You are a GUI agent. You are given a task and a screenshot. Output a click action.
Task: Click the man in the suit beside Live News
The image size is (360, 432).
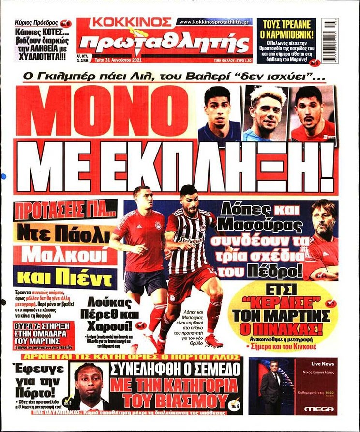click(270, 387)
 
